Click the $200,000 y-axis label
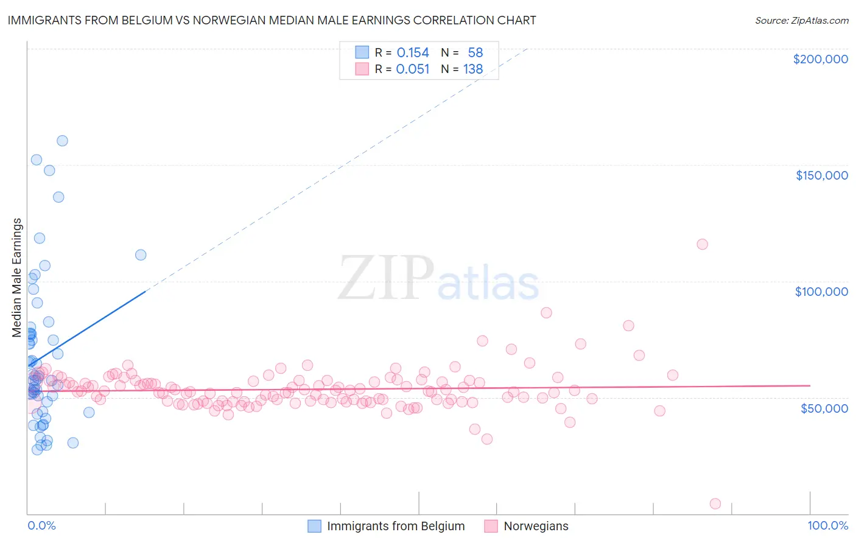coord(820,59)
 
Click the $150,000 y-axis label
coord(821,175)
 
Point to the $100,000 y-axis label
coord(821,292)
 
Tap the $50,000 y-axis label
coord(824,408)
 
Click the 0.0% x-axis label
coord(41,526)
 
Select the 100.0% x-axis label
coord(827,526)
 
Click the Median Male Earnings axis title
coord(17,278)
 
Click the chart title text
coord(272,20)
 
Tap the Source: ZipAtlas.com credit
coord(801,21)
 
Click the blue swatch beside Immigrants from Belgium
coord(314,526)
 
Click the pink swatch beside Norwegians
coord(491,526)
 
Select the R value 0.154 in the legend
coord(413,53)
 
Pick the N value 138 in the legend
coord(473,69)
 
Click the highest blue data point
coord(62,141)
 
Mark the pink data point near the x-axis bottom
coord(715,503)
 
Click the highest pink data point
coord(702,244)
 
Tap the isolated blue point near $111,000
coord(141,255)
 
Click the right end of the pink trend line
coord(810,385)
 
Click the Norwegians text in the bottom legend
coord(536,526)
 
